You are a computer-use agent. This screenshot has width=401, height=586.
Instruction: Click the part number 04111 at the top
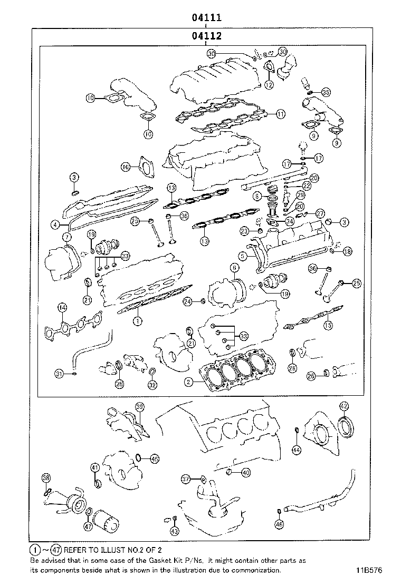(205, 17)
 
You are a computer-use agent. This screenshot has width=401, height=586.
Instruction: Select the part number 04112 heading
(205, 36)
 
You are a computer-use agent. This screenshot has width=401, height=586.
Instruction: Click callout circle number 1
(137, 320)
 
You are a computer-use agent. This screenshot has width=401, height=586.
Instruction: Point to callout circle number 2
(188, 381)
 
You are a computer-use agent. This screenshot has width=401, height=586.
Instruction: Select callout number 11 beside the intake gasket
(280, 113)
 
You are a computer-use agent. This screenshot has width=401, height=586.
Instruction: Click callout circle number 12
(269, 84)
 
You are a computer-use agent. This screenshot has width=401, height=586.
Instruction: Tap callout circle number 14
(62, 307)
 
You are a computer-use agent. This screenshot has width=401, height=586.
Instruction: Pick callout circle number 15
(328, 325)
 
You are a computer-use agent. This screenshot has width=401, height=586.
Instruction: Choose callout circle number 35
(326, 92)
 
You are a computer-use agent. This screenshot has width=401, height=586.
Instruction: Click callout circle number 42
(343, 406)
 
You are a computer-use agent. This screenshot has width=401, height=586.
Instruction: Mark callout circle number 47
(88, 525)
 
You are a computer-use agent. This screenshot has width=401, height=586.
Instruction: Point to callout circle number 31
(60, 374)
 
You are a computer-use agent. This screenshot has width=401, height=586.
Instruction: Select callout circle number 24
(187, 301)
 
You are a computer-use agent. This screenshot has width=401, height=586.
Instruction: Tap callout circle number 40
(246, 473)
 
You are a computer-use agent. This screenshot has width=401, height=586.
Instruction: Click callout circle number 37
(186, 479)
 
